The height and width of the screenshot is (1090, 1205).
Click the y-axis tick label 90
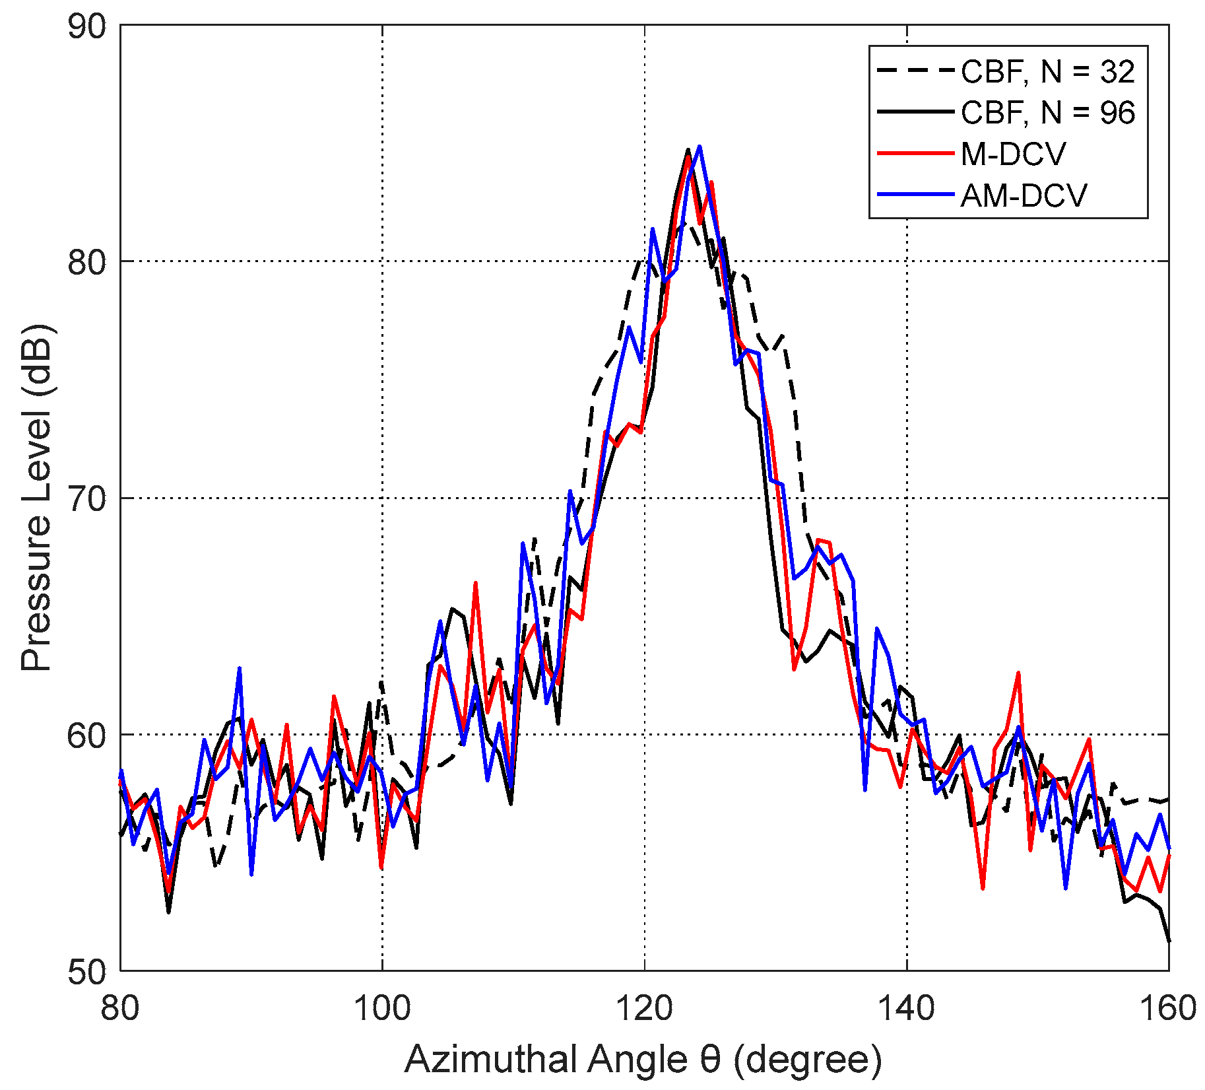tap(86, 26)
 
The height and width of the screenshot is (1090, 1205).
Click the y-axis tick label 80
tap(86, 262)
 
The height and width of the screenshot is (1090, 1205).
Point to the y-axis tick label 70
tap(86, 498)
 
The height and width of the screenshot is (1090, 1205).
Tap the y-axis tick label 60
tap(86, 735)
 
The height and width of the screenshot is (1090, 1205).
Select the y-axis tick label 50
tap(86, 971)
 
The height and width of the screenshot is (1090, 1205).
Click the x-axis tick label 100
tap(382, 1009)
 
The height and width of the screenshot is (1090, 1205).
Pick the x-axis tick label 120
tap(645, 1009)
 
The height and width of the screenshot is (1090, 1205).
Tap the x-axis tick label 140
tap(907, 1009)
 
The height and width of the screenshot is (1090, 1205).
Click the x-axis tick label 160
tap(1169, 1009)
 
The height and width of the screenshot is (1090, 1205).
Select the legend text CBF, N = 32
tap(1047, 72)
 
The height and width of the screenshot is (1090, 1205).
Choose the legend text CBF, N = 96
tap(1047, 113)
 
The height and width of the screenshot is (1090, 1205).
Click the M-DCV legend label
tap(1013, 154)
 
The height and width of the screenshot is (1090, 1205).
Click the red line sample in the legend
tap(915, 153)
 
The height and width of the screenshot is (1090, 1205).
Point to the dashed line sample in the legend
tap(915, 71)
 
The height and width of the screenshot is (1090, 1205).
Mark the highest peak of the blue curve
tap(699, 147)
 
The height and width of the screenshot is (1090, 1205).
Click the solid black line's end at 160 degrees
tap(1169, 941)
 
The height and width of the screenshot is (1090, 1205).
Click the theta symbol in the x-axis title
tap(709, 1060)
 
